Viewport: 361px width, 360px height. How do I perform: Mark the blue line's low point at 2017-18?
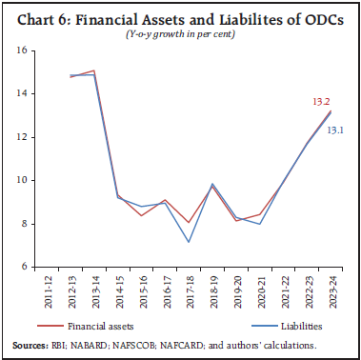[189, 242]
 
